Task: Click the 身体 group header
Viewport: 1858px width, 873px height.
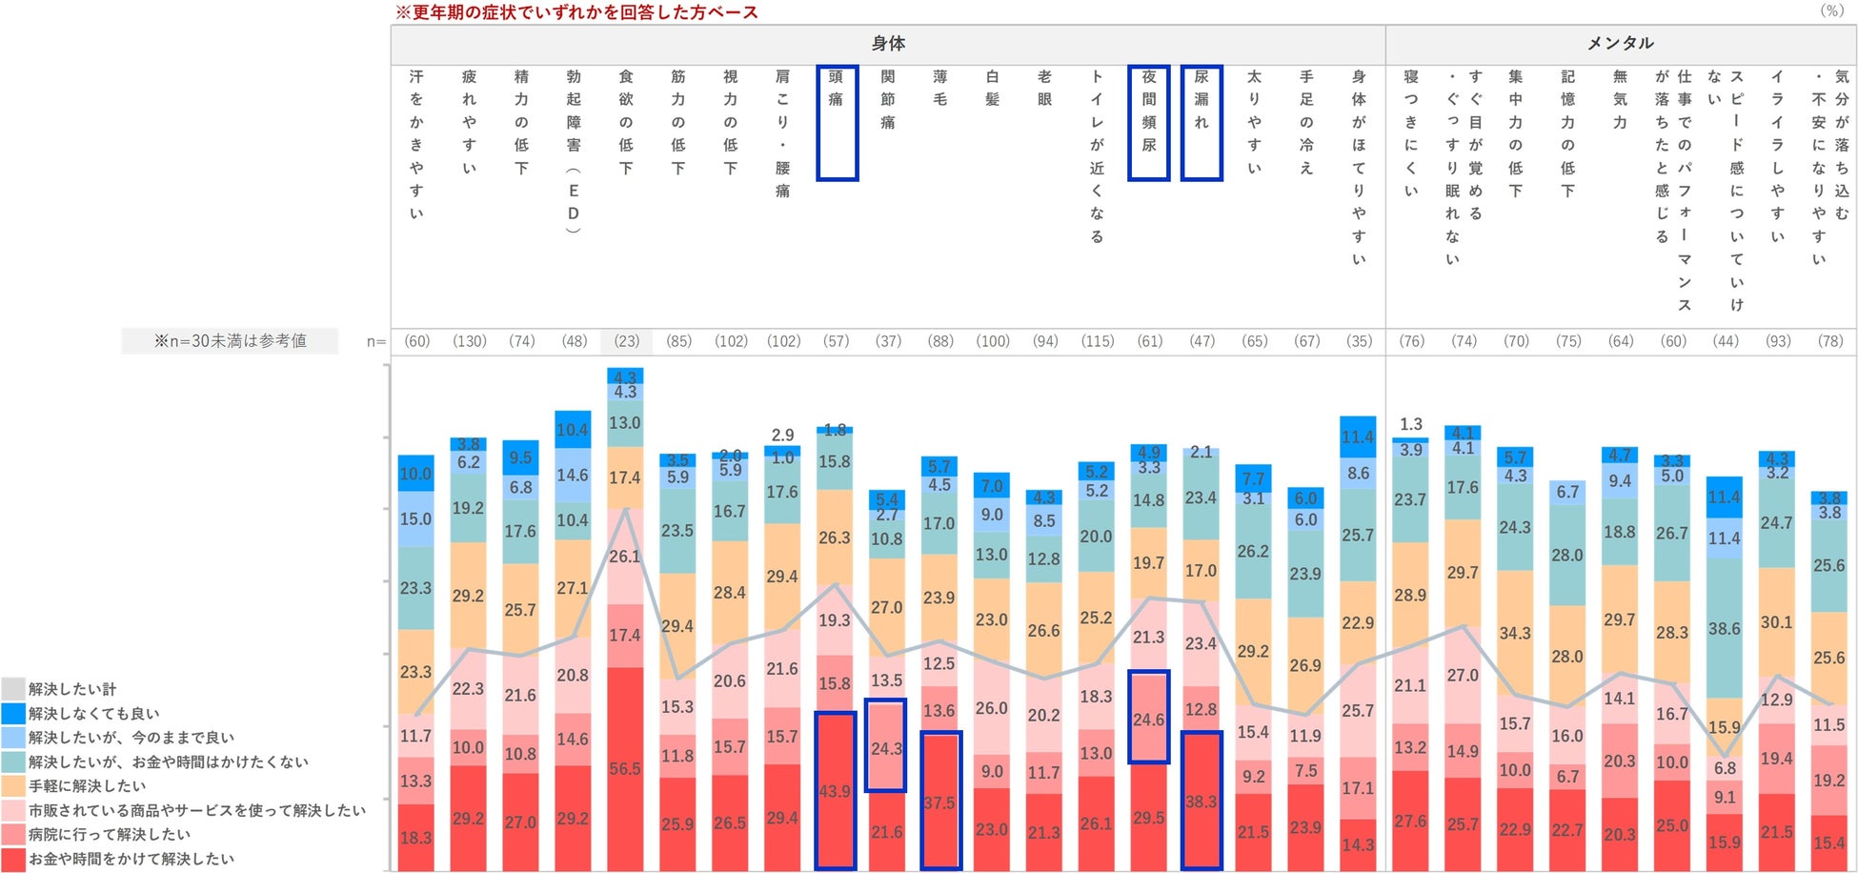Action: [x=888, y=44]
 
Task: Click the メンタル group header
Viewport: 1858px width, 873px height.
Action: [x=1620, y=44]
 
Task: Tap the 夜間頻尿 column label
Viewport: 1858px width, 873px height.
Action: [x=1149, y=122]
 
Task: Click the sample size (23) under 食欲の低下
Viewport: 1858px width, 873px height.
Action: [x=626, y=341]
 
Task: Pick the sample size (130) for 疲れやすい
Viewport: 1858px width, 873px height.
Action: [x=470, y=341]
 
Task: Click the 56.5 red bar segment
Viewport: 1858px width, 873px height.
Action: [x=625, y=768]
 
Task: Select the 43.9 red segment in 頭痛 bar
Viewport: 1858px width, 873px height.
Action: [x=836, y=791]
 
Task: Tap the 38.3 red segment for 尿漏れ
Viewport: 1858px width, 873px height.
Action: [x=1202, y=801]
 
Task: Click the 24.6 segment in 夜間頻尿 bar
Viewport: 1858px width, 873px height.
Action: [x=1149, y=719]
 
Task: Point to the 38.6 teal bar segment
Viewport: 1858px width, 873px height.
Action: [x=1725, y=629]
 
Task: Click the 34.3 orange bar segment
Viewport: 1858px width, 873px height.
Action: [x=1515, y=633]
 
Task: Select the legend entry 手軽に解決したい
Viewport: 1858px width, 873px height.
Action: [x=87, y=786]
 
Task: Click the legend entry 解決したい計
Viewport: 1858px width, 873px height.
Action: [x=71, y=689]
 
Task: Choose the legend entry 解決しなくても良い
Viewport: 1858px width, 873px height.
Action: [x=93, y=714]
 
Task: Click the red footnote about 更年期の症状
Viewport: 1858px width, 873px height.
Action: [x=576, y=12]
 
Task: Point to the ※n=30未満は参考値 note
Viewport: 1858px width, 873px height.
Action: [x=230, y=341]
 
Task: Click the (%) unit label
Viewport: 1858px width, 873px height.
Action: [x=1831, y=10]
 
